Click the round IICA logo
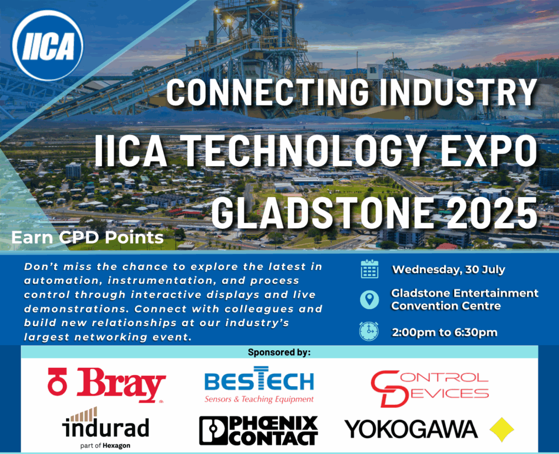[47, 45]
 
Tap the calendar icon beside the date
[370, 269]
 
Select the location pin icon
[370, 299]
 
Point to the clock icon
[369, 331]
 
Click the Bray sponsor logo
[106, 385]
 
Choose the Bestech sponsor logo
[259, 385]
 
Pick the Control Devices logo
[430, 388]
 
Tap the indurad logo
[105, 428]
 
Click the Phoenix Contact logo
[258, 431]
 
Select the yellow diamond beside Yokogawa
[502, 429]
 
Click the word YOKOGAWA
[411, 429]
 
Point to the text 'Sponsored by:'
[279, 352]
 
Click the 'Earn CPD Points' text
[88, 237]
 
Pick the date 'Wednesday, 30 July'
[449, 269]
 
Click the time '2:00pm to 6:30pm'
[444, 332]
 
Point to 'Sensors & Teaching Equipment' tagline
[259, 399]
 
